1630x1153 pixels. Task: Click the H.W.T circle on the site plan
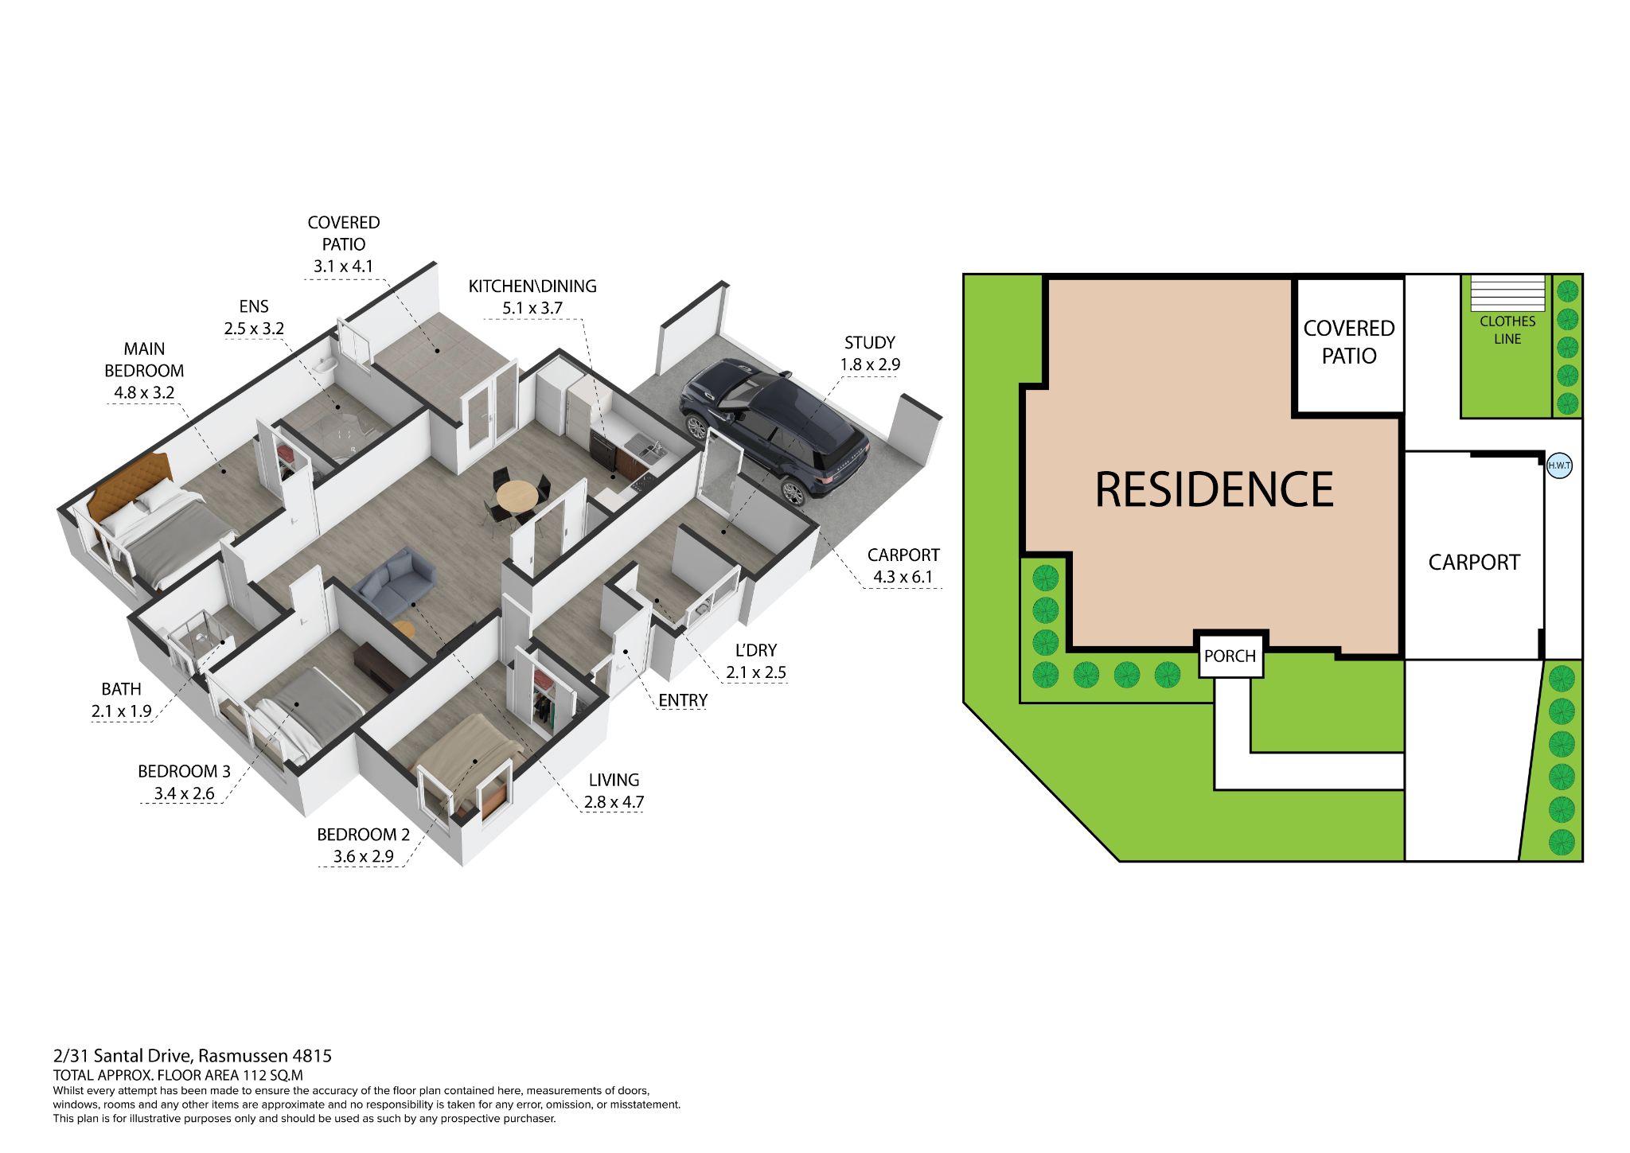pos(1559,465)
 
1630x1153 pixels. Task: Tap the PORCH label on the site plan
pos(1230,656)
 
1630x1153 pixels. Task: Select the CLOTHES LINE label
pos(1507,330)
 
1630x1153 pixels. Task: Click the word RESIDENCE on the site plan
pos(1214,489)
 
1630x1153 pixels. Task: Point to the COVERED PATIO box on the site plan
pos(1349,345)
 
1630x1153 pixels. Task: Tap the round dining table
pos(517,497)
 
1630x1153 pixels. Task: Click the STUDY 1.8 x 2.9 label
pos(870,353)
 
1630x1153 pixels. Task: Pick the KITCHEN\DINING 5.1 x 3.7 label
pos(532,297)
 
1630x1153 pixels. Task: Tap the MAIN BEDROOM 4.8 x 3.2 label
pos(143,371)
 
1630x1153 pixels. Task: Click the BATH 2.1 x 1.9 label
pos(121,700)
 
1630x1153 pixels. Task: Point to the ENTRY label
pos(683,700)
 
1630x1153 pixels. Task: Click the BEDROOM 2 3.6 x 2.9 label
pos(363,845)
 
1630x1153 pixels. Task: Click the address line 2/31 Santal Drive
pos(193,1056)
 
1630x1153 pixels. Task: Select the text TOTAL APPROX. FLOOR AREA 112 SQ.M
pos(178,1075)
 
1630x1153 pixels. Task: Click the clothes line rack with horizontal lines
pos(1507,293)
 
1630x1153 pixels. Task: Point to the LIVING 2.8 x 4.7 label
pos(614,791)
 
